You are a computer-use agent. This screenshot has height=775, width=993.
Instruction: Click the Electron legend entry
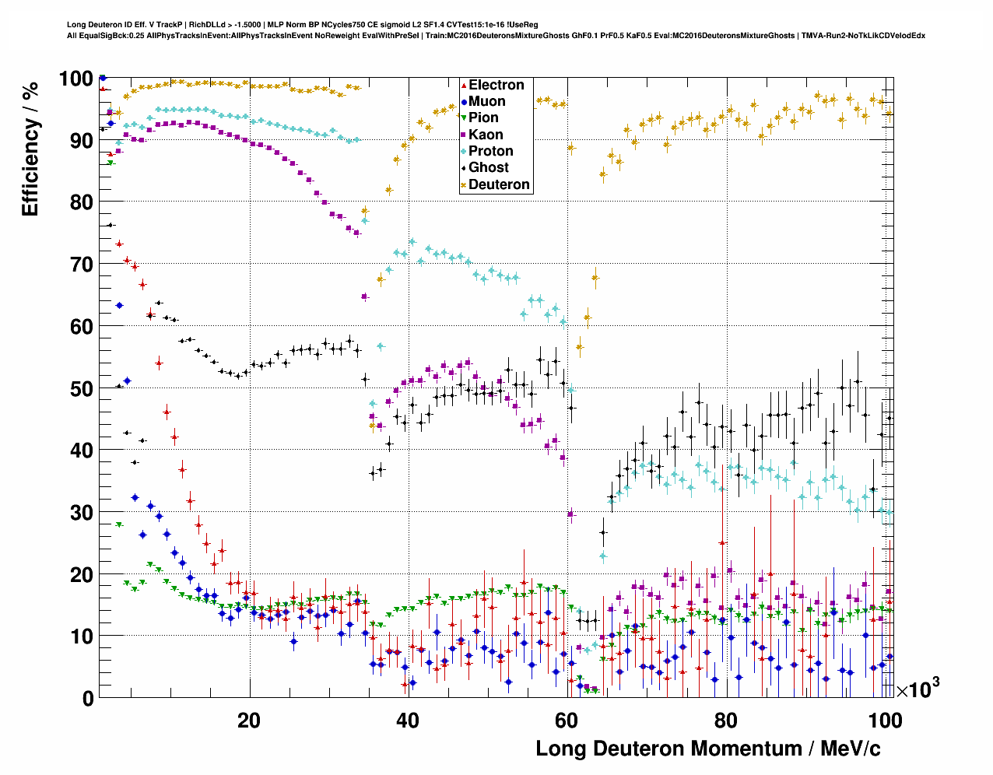coord(496,85)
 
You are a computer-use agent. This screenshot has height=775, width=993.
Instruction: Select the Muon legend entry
coord(486,101)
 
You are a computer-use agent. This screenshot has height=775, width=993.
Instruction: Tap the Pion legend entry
coord(483,117)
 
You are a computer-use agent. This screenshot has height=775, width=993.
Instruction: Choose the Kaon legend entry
coord(486,135)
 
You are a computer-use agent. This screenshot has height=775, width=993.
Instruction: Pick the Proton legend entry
coord(490,151)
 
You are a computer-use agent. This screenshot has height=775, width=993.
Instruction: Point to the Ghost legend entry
coord(488,167)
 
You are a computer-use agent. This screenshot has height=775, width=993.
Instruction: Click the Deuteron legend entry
coord(499,184)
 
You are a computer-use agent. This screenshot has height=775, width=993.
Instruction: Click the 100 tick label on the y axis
coord(76,79)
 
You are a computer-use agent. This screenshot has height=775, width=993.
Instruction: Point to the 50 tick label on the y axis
coord(82,388)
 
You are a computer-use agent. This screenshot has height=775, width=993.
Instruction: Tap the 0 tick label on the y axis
coord(88,699)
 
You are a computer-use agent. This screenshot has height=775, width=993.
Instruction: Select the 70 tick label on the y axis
coord(82,265)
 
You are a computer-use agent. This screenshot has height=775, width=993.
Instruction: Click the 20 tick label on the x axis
coord(249,721)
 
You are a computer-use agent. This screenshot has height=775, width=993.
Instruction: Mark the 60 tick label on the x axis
coord(567,721)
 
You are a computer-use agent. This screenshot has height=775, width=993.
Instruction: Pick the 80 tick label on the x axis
coord(726,721)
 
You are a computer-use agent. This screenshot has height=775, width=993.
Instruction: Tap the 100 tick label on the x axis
coord(885,721)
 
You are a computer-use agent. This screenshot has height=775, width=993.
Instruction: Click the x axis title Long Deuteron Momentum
coord(708,749)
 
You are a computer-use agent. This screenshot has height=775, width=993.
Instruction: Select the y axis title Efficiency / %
coord(30,148)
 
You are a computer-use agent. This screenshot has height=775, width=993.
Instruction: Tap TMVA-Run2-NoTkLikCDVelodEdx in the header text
coord(862,35)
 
